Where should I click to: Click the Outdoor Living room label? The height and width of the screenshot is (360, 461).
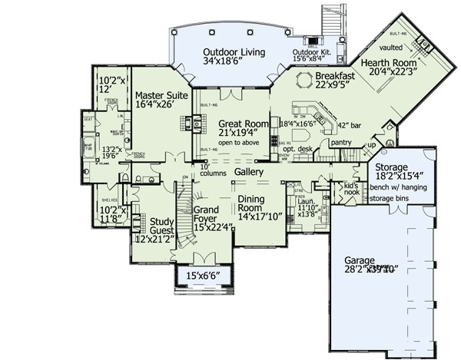tap(234, 53)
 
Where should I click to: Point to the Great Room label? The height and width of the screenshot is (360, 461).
tap(243, 123)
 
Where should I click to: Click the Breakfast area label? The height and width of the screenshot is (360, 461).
tap(335, 77)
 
